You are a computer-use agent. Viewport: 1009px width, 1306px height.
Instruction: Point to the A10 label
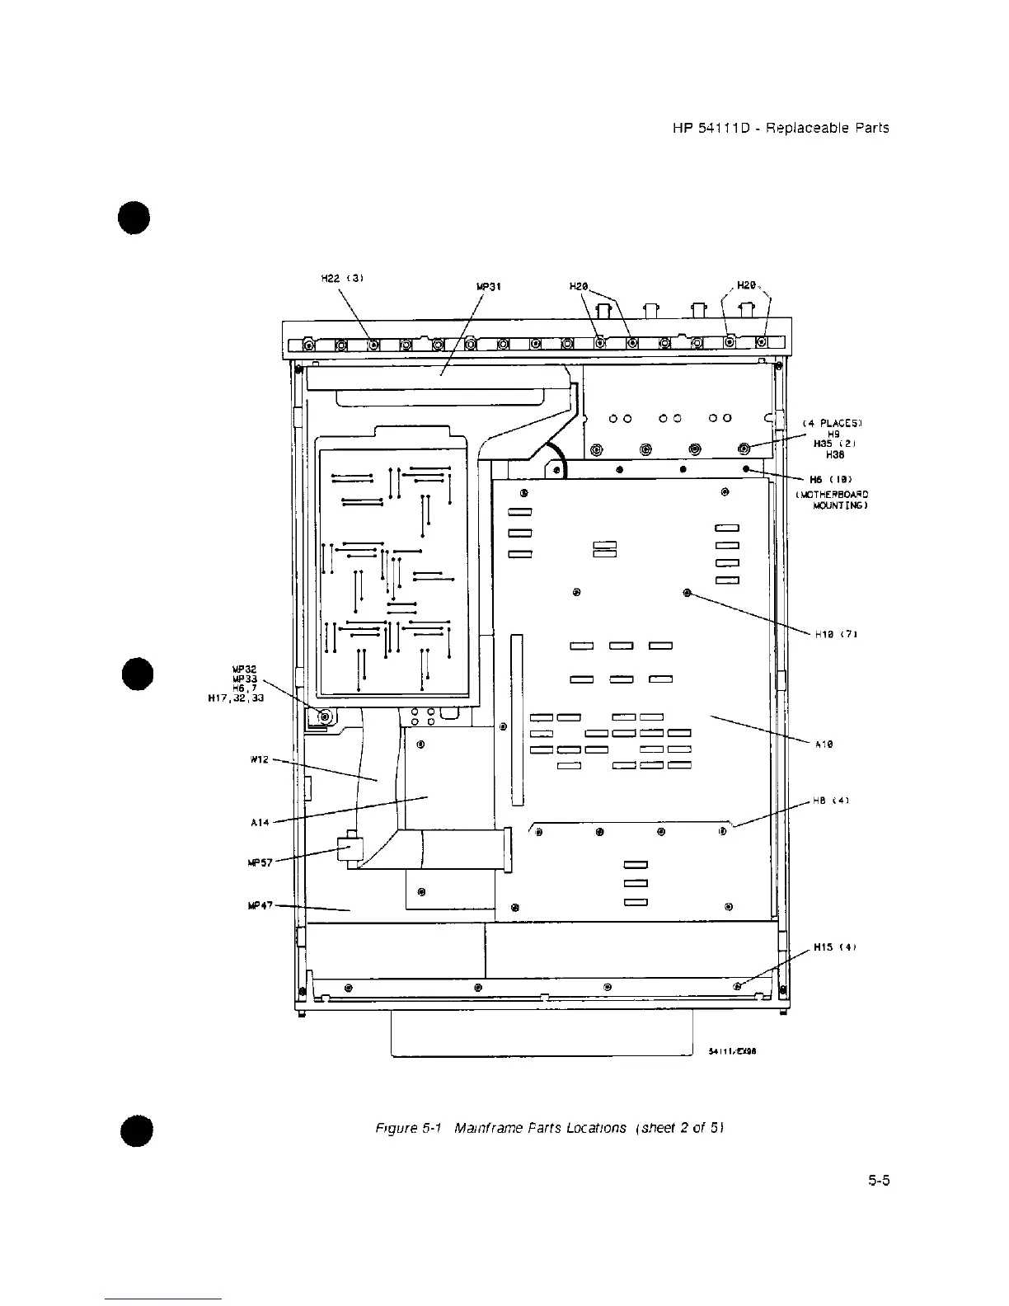(824, 744)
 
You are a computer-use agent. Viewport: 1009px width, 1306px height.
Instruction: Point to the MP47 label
(260, 904)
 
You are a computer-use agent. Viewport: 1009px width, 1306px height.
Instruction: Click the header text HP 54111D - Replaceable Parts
(780, 128)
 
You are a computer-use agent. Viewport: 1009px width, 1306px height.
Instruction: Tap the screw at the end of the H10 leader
(688, 593)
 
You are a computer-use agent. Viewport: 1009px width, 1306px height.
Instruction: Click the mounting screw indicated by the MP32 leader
(325, 716)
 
